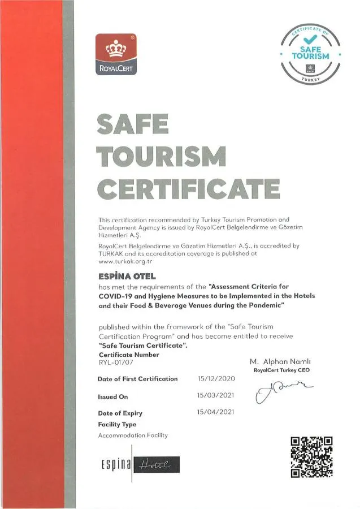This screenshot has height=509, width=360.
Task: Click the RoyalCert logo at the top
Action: [116, 54]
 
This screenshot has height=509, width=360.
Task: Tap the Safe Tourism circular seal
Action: [311, 54]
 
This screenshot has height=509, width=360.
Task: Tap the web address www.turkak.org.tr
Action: [125, 261]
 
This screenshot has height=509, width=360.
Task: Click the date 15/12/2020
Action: [215, 378]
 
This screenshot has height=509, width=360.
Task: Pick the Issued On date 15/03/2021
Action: [215, 395]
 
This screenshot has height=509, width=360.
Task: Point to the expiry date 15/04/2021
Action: [215, 412]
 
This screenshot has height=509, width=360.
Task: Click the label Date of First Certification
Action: [137, 379]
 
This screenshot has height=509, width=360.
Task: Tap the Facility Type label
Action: [117, 424]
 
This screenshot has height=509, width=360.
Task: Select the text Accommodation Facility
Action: [133, 435]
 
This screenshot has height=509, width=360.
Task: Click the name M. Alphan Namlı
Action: [280, 361]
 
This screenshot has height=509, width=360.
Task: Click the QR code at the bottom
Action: [311, 457]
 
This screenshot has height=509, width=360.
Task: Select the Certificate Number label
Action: [128, 355]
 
